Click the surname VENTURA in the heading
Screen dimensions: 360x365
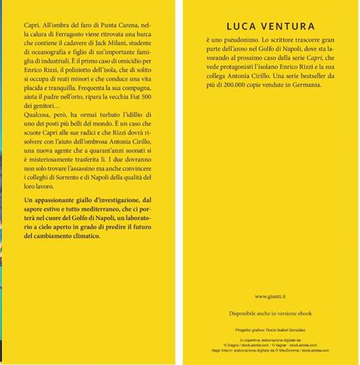pos(286,23)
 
